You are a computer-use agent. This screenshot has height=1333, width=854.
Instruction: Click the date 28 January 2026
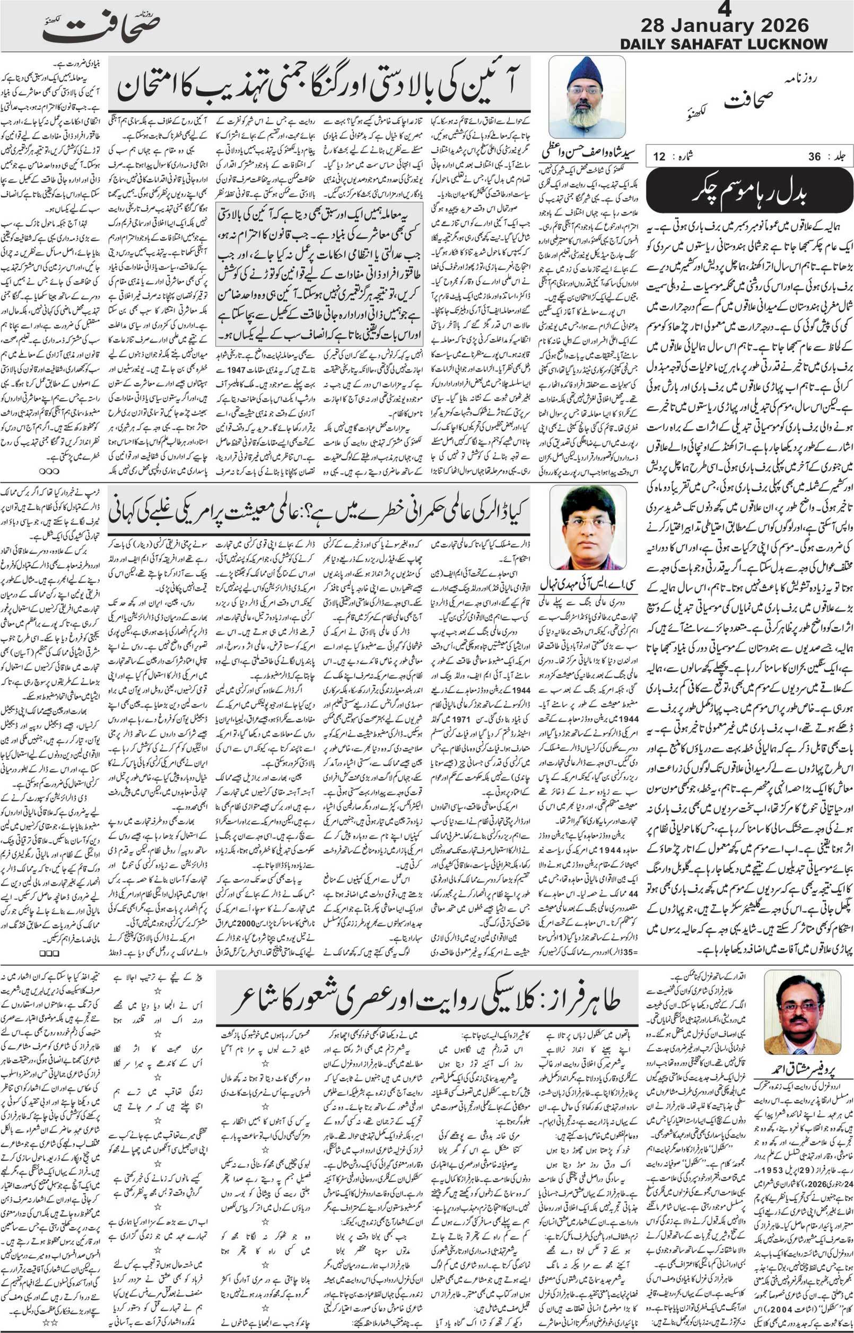click(x=725, y=25)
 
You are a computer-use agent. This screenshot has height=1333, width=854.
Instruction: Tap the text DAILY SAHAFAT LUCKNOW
click(x=724, y=44)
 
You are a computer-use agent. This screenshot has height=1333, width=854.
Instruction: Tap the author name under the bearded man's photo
click(x=589, y=151)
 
